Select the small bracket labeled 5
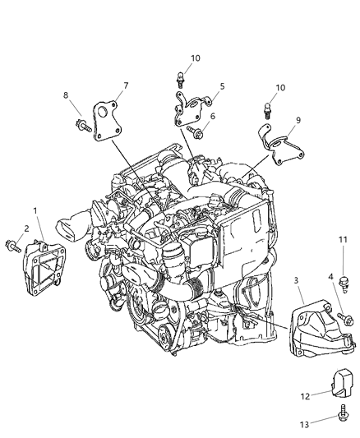point(194,110)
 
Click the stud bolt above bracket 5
point(179,80)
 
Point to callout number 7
point(125,85)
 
